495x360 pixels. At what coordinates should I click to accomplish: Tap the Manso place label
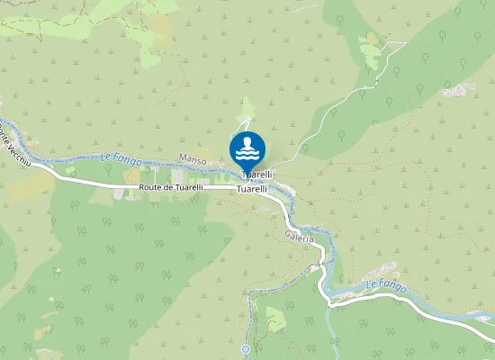tap(193, 159)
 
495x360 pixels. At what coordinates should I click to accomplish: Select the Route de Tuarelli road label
tap(171, 187)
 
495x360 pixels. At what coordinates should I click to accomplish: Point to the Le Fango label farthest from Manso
tap(386, 287)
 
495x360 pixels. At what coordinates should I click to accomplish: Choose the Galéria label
tap(299, 238)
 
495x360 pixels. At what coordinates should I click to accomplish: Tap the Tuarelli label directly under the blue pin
tap(256, 174)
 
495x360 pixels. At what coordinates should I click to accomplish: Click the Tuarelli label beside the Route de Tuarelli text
tap(252, 189)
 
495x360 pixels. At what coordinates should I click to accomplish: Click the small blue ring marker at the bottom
tap(246, 348)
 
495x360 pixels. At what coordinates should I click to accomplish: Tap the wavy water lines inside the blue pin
tap(247, 153)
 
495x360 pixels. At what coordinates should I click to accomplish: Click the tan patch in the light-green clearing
tap(371, 40)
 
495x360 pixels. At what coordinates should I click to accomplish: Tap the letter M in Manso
tap(183, 159)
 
